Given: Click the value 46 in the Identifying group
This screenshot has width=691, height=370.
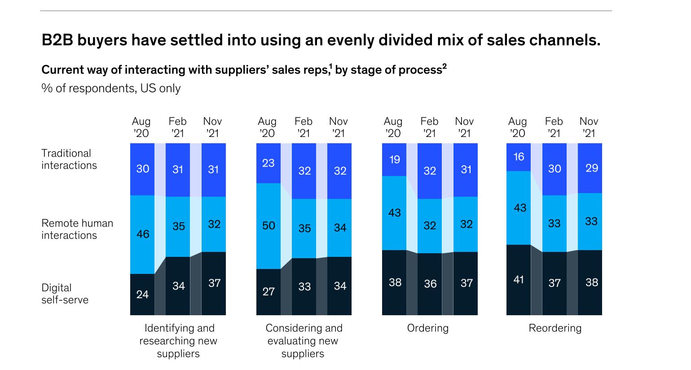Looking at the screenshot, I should coord(142,234).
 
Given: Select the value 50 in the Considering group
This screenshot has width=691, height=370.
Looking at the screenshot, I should coord(268,225).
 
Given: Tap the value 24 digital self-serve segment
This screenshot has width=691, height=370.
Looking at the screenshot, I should coord(142,295).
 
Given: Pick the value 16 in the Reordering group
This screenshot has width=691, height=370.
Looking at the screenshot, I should coord(519,157).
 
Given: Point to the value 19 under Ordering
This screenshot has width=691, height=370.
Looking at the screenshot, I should coord(394,159).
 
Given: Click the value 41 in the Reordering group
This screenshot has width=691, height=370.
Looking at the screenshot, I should coord(519,279).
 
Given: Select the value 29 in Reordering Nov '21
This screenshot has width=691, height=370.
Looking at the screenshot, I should coord(591,168).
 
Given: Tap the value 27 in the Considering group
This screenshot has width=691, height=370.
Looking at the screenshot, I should coord(268,292).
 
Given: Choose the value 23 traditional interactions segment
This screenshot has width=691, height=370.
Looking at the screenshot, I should coord(268,163).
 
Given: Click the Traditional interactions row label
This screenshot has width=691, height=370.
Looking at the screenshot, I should coord(69,159).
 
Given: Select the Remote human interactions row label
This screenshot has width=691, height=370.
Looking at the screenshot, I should coord(77,229).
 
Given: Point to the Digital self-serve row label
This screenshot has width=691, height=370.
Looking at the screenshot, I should coord(65,294).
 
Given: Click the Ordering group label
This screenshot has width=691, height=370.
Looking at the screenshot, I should coord(427,328).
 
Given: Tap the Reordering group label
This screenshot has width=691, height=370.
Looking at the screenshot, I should coord(555,328).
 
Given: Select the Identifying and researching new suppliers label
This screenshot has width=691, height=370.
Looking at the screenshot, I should coord(178,341).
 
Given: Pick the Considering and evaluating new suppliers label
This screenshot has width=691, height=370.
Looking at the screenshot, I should coord(304,341).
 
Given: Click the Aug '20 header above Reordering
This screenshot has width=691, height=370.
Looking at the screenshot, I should coord(518,127).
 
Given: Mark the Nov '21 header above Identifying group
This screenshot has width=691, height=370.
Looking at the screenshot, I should coord(212,127).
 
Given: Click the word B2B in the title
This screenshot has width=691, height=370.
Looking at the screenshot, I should coord(57,40).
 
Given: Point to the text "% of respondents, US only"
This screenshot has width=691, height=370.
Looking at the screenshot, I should coord(111,88).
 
